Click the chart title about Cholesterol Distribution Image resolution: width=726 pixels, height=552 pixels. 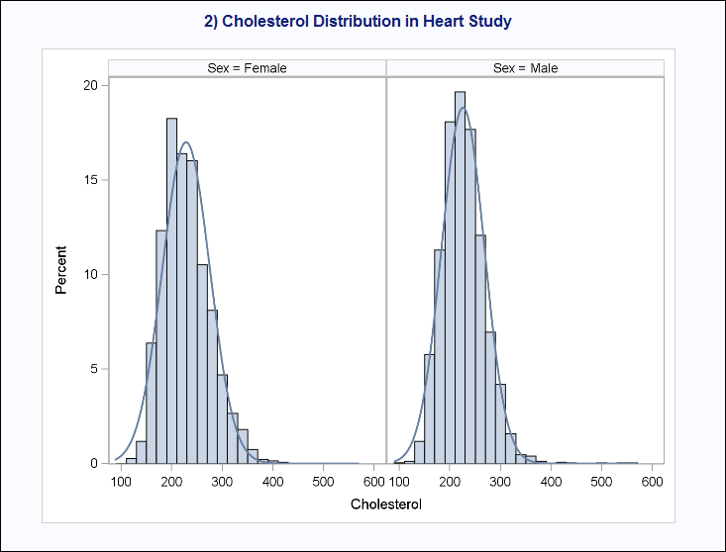(363, 21)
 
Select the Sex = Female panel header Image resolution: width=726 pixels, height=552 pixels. (247, 68)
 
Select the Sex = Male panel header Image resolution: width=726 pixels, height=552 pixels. (525, 68)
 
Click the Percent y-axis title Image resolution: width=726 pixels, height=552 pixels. (61, 270)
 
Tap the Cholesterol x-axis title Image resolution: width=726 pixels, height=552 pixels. (386, 505)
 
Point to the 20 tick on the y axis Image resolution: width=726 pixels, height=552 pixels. (90, 86)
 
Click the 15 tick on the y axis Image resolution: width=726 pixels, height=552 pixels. (90, 180)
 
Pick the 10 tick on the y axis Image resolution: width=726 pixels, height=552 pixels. (90, 275)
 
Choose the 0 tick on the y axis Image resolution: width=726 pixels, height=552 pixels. (94, 463)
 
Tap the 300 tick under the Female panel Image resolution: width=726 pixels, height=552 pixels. (272, 481)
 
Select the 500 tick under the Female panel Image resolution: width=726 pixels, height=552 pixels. (323, 481)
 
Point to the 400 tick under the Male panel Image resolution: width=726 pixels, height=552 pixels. (550, 481)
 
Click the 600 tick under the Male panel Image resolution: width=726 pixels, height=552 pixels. (651, 481)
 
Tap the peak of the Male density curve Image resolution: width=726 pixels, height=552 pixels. (462, 108)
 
